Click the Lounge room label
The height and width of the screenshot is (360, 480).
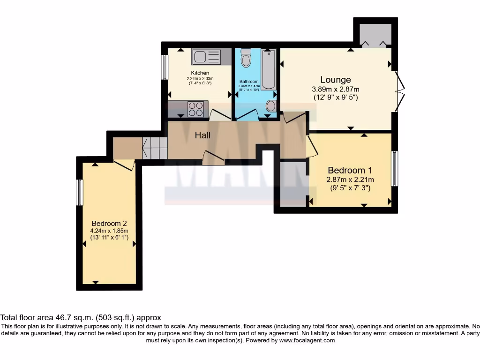click(x=336, y=80)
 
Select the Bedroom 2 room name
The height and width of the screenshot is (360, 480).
click(x=109, y=224)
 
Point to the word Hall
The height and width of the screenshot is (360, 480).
click(x=203, y=135)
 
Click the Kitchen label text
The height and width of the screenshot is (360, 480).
click(x=200, y=73)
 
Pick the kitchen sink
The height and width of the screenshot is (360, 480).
click(x=205, y=57)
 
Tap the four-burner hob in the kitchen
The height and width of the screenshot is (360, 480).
click(x=196, y=109)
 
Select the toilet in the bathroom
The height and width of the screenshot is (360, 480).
click(x=245, y=59)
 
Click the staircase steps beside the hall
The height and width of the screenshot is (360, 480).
click(x=155, y=149)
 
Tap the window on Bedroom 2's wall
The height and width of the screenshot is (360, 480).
click(x=80, y=192)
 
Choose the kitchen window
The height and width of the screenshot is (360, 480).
click(x=165, y=67)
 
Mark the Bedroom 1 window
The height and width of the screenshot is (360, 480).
click(x=395, y=168)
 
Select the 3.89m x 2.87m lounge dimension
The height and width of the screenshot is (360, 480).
click(x=336, y=90)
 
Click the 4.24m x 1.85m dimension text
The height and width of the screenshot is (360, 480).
click(x=109, y=231)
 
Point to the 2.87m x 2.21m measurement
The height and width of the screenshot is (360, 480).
click(x=350, y=180)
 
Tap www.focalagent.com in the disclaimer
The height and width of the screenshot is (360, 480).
click(x=307, y=341)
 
